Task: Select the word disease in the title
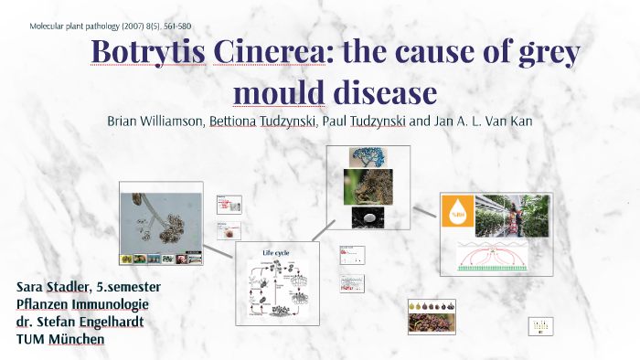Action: pos(385,92)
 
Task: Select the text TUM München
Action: pos(60,338)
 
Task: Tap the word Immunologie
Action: pos(110,303)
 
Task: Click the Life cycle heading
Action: pos(276,252)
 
